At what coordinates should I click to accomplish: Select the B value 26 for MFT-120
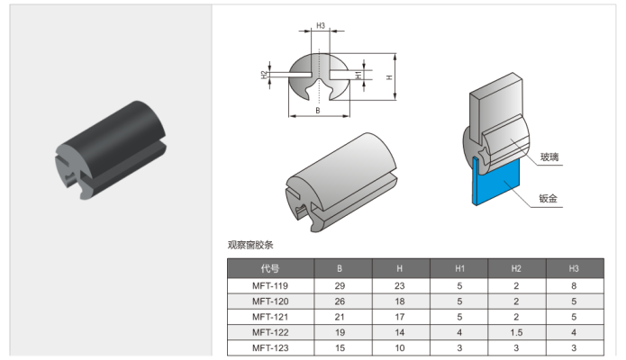(340, 301)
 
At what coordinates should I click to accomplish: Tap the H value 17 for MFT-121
(399, 316)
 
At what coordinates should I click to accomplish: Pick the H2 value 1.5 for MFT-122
(516, 331)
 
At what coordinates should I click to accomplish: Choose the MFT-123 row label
(269, 347)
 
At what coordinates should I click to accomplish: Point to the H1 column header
(458, 268)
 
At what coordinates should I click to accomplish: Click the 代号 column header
(269, 268)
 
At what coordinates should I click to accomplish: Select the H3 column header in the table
(574, 268)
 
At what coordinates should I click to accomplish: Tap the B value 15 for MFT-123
(340, 347)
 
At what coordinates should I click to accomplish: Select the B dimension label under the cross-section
(318, 111)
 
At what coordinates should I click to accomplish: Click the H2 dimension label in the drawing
(264, 74)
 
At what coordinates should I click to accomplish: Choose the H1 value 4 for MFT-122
(458, 331)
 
